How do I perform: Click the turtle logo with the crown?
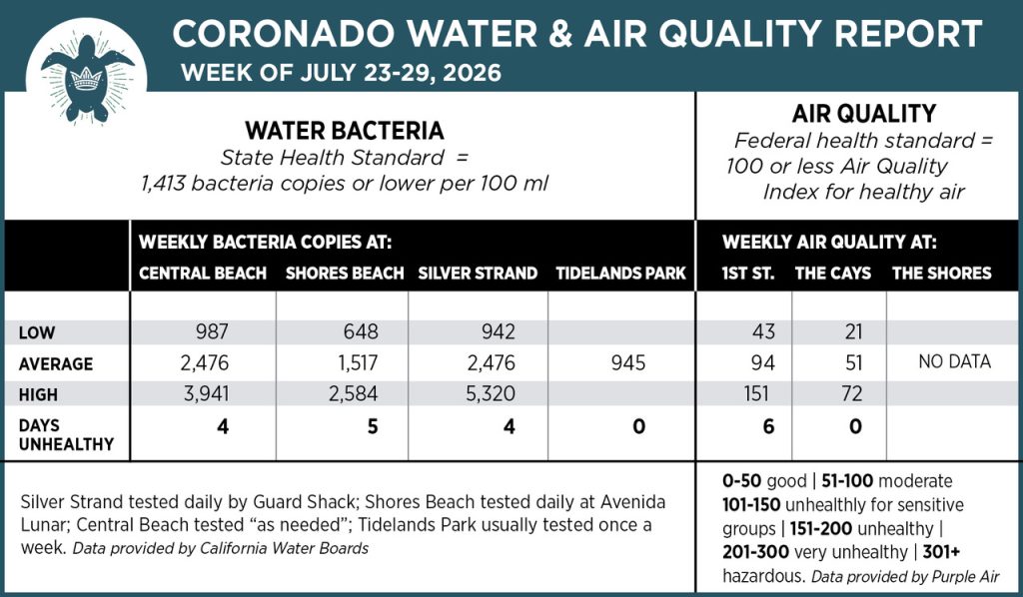[88, 78]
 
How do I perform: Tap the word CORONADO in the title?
[283, 34]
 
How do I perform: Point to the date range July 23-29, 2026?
[401, 72]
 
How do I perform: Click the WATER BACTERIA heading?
[345, 131]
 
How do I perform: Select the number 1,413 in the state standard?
[163, 183]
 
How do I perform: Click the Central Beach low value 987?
[212, 331]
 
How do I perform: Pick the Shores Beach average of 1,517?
[359, 362]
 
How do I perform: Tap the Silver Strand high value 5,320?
[491, 393]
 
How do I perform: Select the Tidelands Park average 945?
[628, 362]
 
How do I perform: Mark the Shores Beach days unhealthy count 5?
[373, 426]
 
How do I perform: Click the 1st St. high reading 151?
[756, 393]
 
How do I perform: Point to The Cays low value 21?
[853, 331]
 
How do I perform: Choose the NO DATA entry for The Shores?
[954, 361]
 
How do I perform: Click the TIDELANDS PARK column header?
[620, 274]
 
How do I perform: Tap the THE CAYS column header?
[832, 274]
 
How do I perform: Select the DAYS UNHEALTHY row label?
[66, 434]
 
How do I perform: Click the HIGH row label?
[38, 395]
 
